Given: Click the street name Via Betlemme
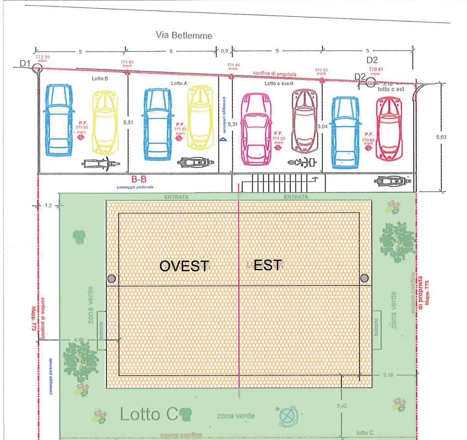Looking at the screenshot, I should click(x=184, y=35).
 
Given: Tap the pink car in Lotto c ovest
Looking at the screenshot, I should click(x=256, y=129).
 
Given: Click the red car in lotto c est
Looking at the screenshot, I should click(x=389, y=128).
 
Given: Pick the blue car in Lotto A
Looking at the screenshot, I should click(x=158, y=125).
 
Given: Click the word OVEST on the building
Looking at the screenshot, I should click(x=184, y=266).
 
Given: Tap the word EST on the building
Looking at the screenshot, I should click(x=267, y=265).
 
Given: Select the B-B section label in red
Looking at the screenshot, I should click(x=139, y=179).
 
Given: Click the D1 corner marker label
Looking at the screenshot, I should click(x=25, y=63).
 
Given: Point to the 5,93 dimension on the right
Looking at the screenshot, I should click(x=441, y=137).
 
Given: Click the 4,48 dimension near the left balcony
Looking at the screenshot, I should click(x=79, y=339).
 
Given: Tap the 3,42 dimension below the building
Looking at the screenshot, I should click(x=341, y=406).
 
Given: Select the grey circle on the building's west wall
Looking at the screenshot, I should click(x=112, y=279).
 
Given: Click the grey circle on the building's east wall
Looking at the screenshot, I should click(x=364, y=278).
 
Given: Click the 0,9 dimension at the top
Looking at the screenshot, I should click(x=224, y=51).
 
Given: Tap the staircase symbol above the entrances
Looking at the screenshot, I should click(x=279, y=183).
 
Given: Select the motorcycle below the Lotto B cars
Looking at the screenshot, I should click(x=101, y=164).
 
